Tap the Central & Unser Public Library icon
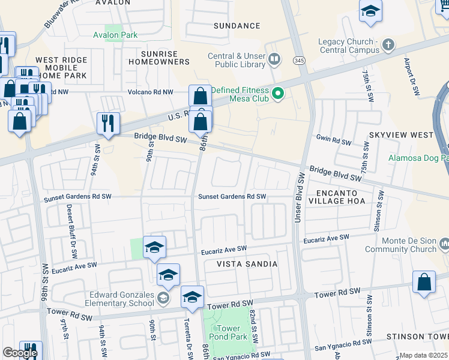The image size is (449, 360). pyautogui.click(x=275, y=59)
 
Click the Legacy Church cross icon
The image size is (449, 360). pyautogui.click(x=388, y=44)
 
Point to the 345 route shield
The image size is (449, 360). pyautogui.click(x=298, y=61)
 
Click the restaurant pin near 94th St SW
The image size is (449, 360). pyautogui.click(x=108, y=124)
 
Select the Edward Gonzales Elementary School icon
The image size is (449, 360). pyautogui.click(x=163, y=298)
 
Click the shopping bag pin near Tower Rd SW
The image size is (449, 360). pyautogui.click(x=424, y=283)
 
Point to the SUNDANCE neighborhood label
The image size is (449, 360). pyautogui.click(x=237, y=26)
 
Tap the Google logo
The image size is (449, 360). pyautogui.click(x=20, y=353)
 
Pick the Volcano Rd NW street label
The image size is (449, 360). pyautogui.click(x=150, y=92)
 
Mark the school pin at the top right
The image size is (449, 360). pyautogui.click(x=371, y=11)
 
